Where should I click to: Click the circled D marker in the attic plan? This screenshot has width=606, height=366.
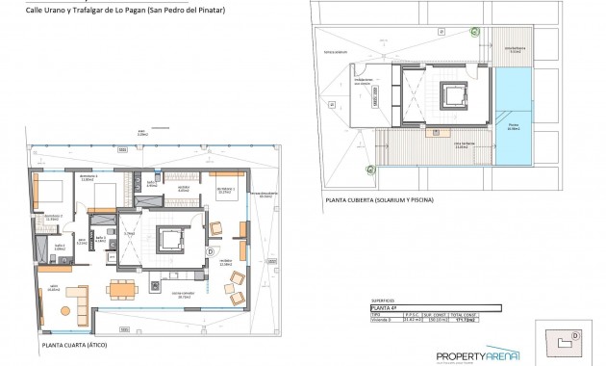click(211, 251)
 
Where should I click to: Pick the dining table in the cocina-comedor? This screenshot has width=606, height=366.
click(119, 288)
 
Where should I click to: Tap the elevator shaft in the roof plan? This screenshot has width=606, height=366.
click(453, 96)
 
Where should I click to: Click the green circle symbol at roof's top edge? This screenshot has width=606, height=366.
click(472, 31)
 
